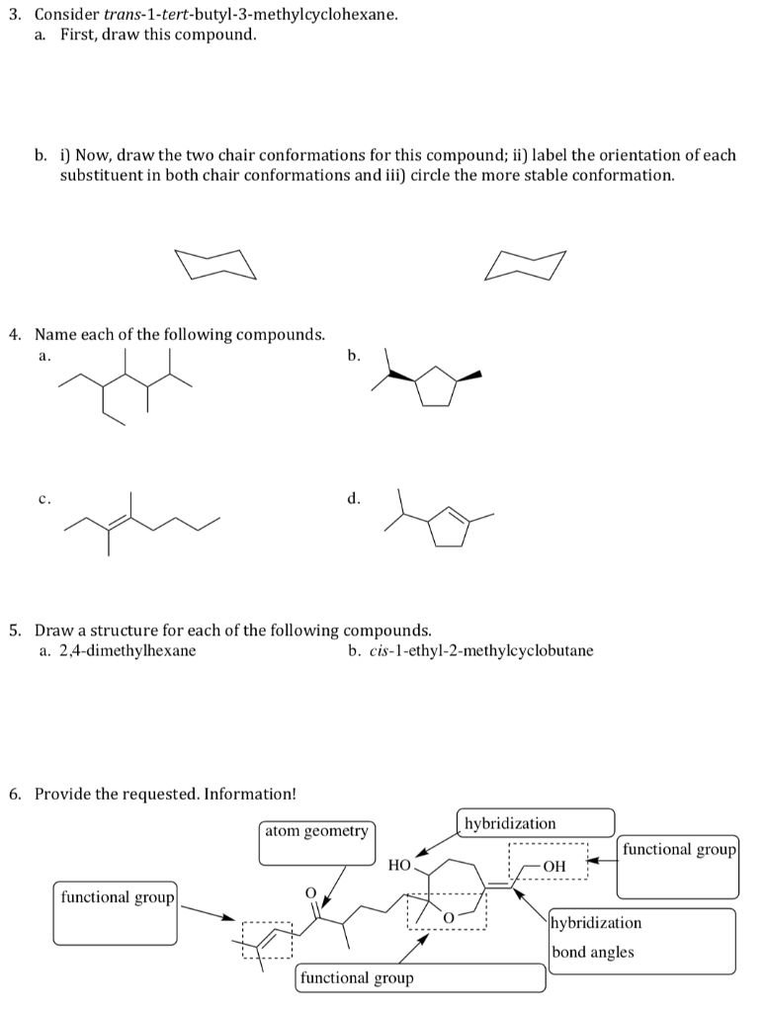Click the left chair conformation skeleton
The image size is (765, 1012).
214,265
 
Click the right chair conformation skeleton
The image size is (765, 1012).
526,265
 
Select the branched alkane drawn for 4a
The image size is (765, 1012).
127,390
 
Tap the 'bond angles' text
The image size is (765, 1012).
593,953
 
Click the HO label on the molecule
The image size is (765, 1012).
399,865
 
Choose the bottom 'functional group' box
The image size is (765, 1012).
420,977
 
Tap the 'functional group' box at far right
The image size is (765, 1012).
678,865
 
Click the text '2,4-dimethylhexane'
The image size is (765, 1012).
127,650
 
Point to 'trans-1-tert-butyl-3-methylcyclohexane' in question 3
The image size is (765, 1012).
251,15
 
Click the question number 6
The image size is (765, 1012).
14,794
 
